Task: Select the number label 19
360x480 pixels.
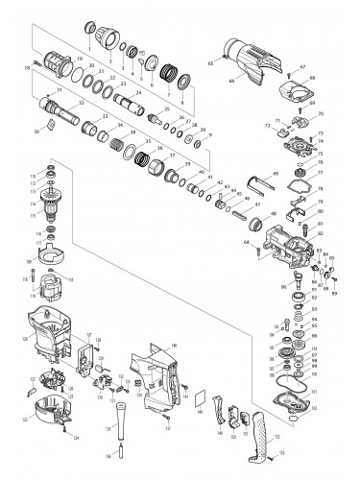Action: tap(79, 60)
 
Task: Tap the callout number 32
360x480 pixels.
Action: tap(80, 103)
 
